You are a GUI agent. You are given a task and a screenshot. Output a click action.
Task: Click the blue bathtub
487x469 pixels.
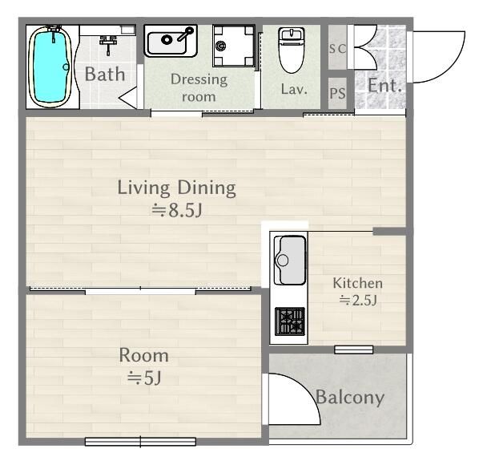tap(50, 67)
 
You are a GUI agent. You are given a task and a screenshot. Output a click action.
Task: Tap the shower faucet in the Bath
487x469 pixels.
tap(108, 44)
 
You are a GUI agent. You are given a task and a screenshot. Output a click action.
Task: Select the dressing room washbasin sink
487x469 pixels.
tap(171, 41)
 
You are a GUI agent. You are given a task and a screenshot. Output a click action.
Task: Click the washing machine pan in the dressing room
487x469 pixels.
tap(234, 46)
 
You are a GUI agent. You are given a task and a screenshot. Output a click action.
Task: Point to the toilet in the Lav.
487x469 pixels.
tap(292, 50)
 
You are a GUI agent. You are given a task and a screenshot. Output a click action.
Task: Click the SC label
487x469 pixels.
tap(337, 49)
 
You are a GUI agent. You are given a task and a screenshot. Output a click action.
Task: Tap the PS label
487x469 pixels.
tap(337, 93)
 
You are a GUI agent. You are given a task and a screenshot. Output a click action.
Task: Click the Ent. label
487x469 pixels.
tap(384, 86)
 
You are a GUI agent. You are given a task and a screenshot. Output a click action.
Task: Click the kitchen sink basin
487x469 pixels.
tap(290, 260)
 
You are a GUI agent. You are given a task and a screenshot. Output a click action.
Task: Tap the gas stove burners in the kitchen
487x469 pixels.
tap(290, 321)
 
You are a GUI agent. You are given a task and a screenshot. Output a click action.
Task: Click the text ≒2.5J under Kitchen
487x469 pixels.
tap(358, 300)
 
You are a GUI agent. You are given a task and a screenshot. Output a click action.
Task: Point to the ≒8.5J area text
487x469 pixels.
tap(177, 210)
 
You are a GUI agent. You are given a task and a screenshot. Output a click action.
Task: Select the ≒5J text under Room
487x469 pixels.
tap(144, 378)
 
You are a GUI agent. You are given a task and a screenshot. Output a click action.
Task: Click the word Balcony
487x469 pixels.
tap(350, 398)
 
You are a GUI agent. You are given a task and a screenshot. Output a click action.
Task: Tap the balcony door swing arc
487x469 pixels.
tap(309, 390)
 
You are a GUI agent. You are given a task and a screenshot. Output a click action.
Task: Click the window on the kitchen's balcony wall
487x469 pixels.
tap(354, 350)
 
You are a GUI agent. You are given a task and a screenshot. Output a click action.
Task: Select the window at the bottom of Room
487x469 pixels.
tap(140, 442)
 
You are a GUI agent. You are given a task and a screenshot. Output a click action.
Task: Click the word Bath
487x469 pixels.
tap(105, 75)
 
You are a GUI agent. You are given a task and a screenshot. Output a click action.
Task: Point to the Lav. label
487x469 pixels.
tap(294, 90)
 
